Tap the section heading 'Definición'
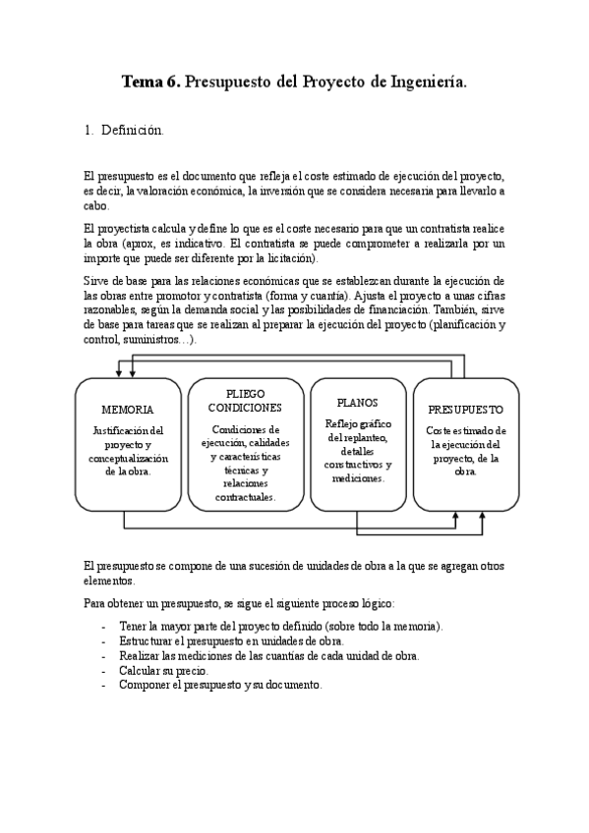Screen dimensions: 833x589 pos(132,130)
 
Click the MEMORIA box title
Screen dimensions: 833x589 pos(128,409)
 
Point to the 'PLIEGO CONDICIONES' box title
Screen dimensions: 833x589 pos(245,400)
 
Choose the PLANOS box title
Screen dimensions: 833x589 pos(357,403)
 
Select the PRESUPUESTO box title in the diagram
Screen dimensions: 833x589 pos(466,409)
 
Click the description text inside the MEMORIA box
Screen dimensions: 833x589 pos(128,451)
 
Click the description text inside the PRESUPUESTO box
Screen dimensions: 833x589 pos(466,451)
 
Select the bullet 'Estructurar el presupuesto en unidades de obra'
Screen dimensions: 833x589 pos(231,640)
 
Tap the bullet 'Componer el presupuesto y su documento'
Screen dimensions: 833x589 pos(220,685)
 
